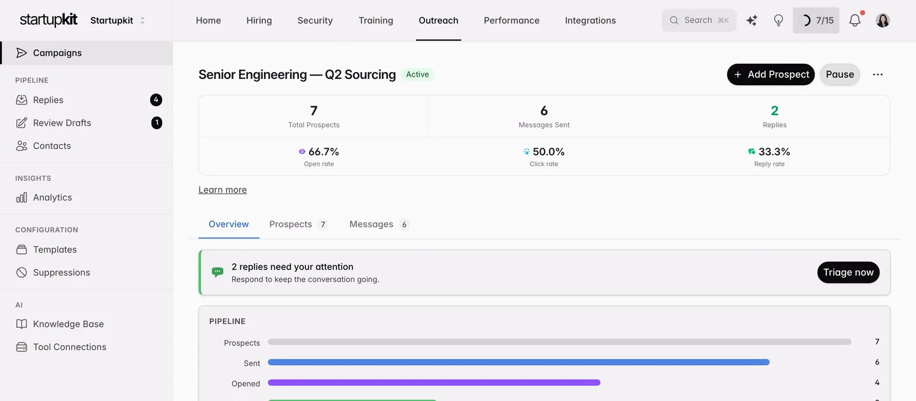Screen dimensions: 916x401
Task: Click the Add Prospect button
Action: pos(770,74)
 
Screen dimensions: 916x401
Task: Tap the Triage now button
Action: pos(848,272)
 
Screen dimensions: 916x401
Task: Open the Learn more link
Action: pos(223,190)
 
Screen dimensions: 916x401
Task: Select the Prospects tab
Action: pos(298,224)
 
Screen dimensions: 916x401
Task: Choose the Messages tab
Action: pos(379,224)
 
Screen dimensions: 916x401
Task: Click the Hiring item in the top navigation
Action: pos(259,20)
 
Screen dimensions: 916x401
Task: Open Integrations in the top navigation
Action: pos(590,20)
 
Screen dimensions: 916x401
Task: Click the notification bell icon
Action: pos(855,20)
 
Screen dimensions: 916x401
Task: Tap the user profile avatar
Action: pos(883,20)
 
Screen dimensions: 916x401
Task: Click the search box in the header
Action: pos(699,20)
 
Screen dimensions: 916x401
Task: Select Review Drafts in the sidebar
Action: pos(62,123)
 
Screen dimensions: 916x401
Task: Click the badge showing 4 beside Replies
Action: pos(156,100)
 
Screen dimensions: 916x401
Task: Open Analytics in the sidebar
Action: pos(52,197)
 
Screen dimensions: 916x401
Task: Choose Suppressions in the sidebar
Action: pos(61,272)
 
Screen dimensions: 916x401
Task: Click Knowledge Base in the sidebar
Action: pos(68,324)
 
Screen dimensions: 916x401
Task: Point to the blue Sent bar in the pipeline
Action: pos(518,362)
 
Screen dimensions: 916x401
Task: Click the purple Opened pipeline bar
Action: pos(434,383)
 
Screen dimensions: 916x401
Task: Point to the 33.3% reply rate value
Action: pos(774,151)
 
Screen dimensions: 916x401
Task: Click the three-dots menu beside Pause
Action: pos(878,74)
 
